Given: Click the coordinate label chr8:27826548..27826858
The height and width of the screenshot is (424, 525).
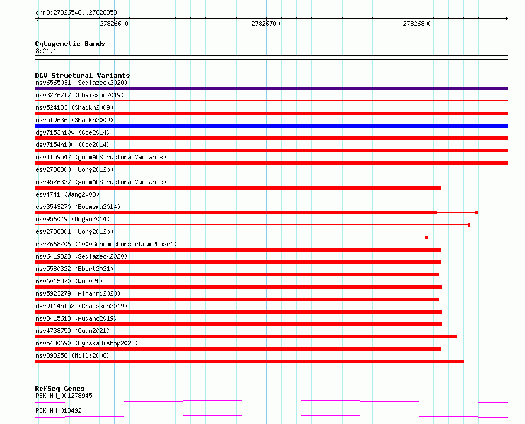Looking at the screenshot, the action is coord(76,12).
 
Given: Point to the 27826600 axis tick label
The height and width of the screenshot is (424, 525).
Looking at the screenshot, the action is coord(114,24).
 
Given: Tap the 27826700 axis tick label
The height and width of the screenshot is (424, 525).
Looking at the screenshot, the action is coord(265,24).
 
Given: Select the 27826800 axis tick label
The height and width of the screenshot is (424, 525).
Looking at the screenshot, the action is coord(417,24).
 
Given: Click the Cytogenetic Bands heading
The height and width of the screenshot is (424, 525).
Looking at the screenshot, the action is coord(70,44).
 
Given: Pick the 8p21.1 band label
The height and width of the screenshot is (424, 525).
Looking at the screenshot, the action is coord(46,51).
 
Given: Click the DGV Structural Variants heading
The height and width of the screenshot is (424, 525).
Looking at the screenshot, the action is coord(83,76).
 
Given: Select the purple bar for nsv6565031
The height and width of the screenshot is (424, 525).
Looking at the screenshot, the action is coord(271,89).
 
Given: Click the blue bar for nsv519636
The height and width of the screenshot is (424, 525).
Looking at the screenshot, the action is coord(271,126).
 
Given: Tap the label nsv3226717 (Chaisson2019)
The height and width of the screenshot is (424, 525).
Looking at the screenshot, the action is coord(80,95).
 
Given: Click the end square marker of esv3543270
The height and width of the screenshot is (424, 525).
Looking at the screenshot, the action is coord(477,213).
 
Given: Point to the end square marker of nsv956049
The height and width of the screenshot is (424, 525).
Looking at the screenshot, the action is coord(469,225).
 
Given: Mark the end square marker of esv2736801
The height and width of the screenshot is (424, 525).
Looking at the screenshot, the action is coord(426,237).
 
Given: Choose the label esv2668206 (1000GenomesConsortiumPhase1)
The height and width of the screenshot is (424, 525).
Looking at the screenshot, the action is coord(106,244).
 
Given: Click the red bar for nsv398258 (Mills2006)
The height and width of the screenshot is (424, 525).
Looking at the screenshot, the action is coord(249,361).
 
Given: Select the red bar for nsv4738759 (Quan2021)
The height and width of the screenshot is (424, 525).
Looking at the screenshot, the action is coord(246,337).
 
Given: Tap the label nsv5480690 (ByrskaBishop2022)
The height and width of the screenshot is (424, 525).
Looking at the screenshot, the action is coord(87,343).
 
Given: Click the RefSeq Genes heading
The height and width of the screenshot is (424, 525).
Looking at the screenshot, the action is coord(60,389).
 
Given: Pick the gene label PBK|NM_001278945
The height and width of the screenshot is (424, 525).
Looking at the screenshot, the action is coord(64,396).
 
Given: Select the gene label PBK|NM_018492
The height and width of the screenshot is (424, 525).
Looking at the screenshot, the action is coord(58,410).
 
